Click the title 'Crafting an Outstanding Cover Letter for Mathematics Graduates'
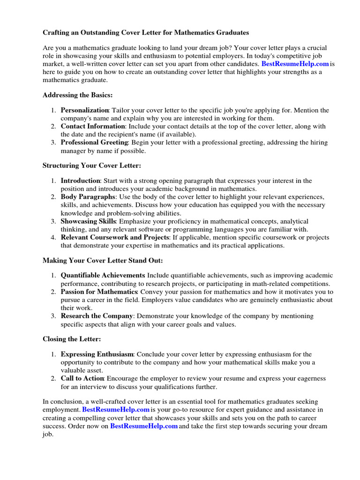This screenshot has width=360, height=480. click(x=146, y=33)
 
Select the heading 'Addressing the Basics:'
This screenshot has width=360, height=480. click(x=77, y=95)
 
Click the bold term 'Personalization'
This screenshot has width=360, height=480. click(x=84, y=110)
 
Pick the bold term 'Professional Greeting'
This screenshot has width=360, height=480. click(x=94, y=142)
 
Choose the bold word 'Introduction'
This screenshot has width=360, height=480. click(x=80, y=181)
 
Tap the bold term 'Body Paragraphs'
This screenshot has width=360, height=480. click(x=87, y=197)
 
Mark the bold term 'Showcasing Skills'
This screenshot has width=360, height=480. click(x=88, y=221)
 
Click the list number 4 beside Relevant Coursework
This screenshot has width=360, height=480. click(x=53, y=237)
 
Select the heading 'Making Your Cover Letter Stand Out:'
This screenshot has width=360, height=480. click(x=103, y=260)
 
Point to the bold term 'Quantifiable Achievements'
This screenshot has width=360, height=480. click(x=103, y=276)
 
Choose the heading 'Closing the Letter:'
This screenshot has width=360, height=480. click(x=72, y=339)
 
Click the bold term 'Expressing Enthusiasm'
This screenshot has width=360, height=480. click(x=97, y=354)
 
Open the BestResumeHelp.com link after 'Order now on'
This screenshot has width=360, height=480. click(x=144, y=426)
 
